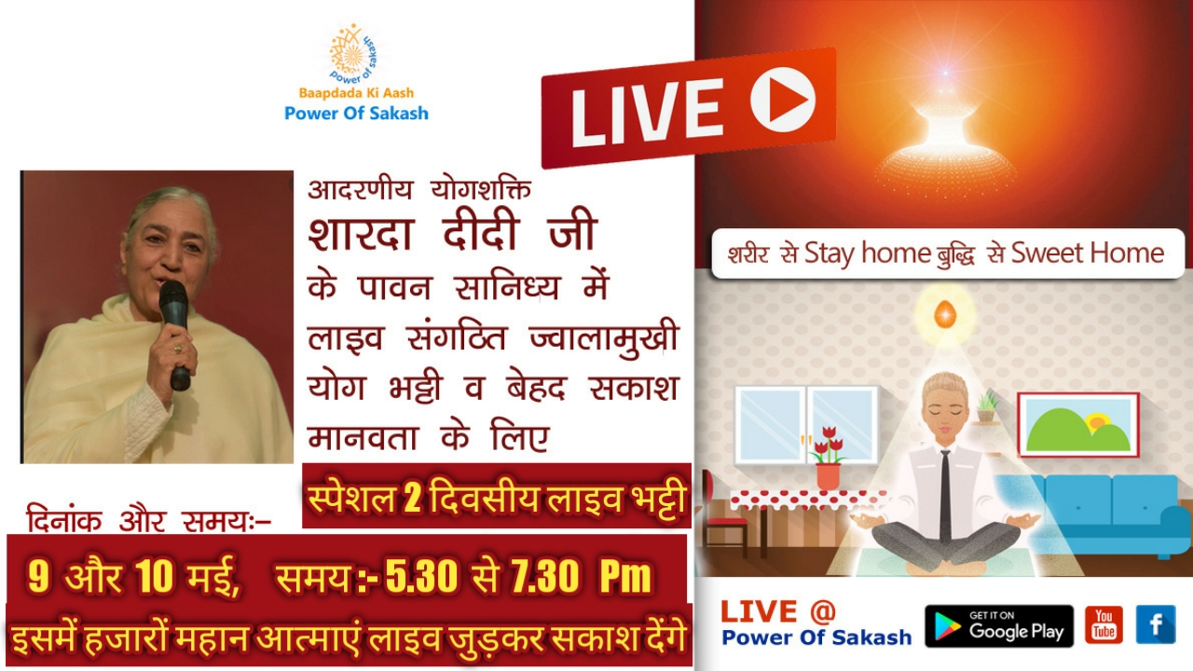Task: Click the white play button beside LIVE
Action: [x=783, y=100]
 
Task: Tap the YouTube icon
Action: [x=1104, y=624]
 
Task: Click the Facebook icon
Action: [x=1156, y=624]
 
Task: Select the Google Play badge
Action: [x=999, y=625]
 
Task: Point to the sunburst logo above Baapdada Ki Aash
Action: [x=353, y=53]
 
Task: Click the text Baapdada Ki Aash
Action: [x=356, y=93]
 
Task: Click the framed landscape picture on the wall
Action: [x=1078, y=425]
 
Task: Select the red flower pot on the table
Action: [x=829, y=475]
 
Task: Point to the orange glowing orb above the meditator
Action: [x=945, y=314]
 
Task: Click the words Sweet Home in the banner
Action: [x=1087, y=253]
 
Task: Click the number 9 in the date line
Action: [x=38, y=576]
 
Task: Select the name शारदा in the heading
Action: [x=361, y=233]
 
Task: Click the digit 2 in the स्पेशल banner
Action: [x=412, y=499]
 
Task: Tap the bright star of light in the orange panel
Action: [x=945, y=73]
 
